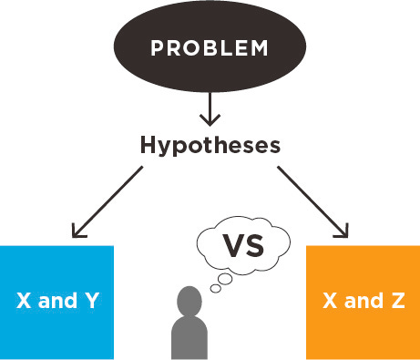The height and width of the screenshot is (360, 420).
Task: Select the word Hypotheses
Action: click(x=210, y=144)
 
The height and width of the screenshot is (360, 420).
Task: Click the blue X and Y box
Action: click(x=56, y=301)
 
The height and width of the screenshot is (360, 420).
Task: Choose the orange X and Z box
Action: click(x=363, y=301)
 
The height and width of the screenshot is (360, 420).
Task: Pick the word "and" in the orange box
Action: click(x=364, y=301)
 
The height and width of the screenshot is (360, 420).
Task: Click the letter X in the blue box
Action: click(x=24, y=301)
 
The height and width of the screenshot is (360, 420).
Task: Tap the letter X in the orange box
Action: click(x=330, y=301)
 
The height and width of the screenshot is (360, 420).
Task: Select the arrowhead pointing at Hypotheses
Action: click(x=210, y=119)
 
